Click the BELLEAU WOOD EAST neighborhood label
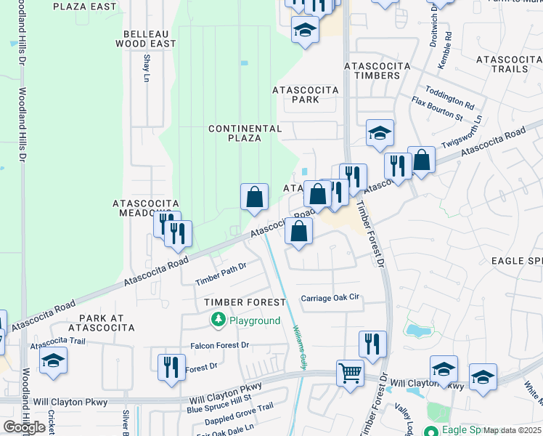[x=145, y=39]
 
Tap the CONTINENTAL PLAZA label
[x=245, y=133]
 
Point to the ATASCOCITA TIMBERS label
[x=377, y=70]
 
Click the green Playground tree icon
[x=218, y=320]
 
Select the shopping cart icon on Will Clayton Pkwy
[x=350, y=374]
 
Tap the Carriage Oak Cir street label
[x=330, y=298]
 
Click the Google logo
[x=24, y=427]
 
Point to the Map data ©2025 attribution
[x=513, y=430]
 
